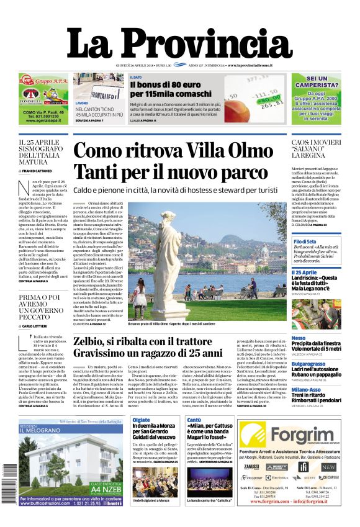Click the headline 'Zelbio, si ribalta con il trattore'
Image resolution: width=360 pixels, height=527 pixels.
(152, 341)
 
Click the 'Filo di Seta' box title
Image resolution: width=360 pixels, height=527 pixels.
(305, 241)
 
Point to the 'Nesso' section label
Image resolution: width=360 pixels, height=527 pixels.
(299, 338)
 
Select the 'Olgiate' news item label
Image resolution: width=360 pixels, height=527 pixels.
(141, 420)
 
